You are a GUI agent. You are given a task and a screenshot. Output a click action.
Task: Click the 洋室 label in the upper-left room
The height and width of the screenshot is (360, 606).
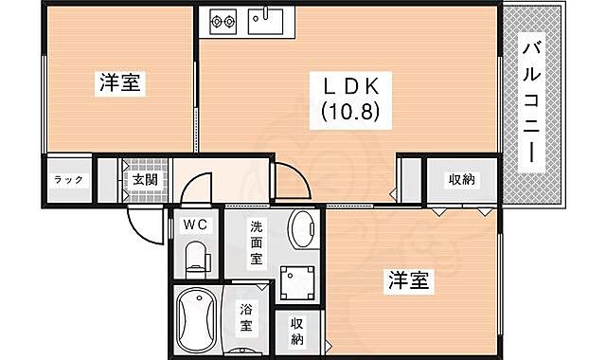(x=120, y=83)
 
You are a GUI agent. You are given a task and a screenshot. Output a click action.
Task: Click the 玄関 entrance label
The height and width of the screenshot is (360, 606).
(x=145, y=179)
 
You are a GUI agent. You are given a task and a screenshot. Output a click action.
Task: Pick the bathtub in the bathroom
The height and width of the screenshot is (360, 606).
(x=197, y=318)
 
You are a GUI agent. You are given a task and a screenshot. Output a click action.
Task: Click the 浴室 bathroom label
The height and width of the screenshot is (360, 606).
(x=246, y=317)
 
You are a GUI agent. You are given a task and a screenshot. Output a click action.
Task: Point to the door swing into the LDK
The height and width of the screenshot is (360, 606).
(x=289, y=180)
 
